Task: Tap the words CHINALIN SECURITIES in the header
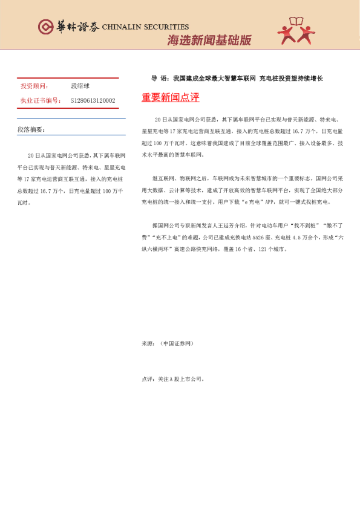145,27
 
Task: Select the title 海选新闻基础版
209,41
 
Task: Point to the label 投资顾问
35,86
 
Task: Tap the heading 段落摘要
31,129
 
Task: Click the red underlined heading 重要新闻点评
171,97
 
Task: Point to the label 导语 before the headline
159,79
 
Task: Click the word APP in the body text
279,202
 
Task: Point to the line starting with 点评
172,380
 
